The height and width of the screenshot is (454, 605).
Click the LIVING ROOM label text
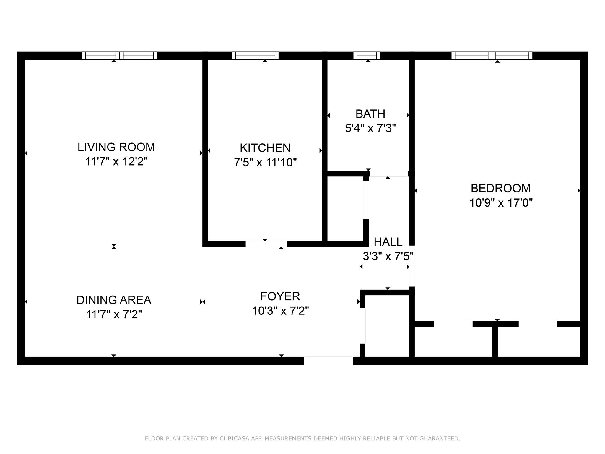point(116,147)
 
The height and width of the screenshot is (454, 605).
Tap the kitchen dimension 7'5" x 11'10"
point(265,162)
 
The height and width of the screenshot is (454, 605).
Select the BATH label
point(370,114)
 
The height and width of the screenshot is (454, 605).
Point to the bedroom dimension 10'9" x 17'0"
point(501,203)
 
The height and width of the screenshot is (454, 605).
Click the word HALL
point(388,242)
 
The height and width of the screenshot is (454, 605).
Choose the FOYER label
point(280,296)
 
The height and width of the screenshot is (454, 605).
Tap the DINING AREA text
point(114,300)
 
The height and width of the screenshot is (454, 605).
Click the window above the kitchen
point(255,56)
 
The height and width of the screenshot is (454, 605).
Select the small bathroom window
point(367,56)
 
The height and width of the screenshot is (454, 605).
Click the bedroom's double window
point(492,56)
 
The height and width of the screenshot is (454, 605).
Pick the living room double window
point(119,56)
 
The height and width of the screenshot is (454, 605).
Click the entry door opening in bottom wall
point(328,361)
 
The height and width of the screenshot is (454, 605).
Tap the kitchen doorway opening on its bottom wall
point(266,244)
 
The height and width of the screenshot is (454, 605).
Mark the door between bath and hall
point(388,174)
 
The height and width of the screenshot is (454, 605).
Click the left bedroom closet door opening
point(453,324)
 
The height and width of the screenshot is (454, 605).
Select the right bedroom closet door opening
point(538,324)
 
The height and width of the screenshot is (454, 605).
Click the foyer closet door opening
point(362,326)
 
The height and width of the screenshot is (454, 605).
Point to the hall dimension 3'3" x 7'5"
point(388,256)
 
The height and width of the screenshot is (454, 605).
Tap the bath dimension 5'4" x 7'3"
point(370,128)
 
